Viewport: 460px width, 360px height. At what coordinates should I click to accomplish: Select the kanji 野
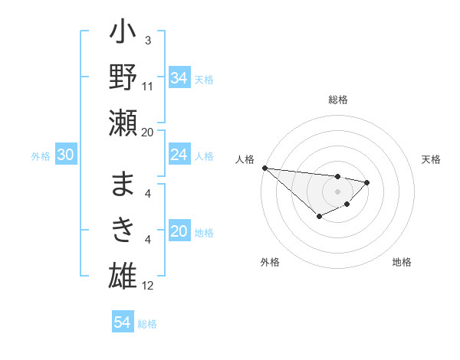coord(123,79)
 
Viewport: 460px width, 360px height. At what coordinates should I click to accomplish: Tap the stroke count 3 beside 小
coord(147,40)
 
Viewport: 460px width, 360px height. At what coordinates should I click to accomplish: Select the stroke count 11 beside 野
coord(149,87)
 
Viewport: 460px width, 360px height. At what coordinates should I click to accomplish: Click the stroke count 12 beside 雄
coord(149,286)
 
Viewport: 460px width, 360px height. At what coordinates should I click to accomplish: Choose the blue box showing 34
coord(179,77)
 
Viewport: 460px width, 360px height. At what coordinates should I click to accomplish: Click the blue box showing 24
coord(179,155)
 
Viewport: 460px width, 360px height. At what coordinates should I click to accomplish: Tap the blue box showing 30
coord(65,155)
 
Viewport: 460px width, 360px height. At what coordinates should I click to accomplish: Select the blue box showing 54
coord(122,323)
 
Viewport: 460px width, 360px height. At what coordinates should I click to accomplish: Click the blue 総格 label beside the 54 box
coord(147,324)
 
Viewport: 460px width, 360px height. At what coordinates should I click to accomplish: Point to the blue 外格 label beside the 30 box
coord(41,156)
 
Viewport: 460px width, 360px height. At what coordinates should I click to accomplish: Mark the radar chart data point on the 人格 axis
coord(264,168)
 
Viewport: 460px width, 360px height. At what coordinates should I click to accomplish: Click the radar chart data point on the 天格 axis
coord(367,182)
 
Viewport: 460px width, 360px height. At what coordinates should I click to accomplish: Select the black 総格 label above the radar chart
coord(337,100)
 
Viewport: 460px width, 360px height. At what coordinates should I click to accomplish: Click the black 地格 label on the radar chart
coord(402,262)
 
